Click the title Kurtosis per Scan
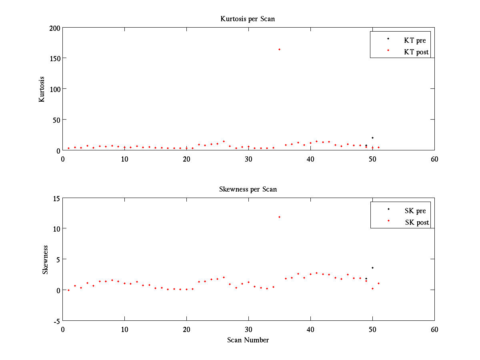248,19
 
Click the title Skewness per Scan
248,189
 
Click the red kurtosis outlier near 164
279,49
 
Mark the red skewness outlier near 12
279,217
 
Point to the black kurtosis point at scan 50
372,138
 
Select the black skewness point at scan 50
372,268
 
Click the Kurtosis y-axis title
42,89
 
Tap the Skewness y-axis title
45,260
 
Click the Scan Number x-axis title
248,340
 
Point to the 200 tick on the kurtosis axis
55,28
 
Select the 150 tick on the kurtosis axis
55,58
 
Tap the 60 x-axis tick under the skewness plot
434,330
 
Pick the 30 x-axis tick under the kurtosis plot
248,159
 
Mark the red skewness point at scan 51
378,283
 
